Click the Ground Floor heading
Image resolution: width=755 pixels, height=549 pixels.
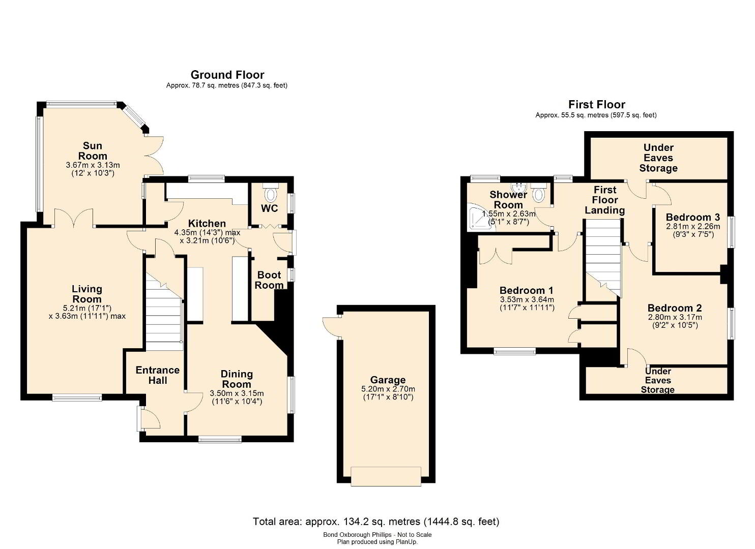click(x=227, y=74)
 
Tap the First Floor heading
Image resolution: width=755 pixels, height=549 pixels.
click(x=597, y=104)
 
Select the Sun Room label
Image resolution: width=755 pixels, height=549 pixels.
click(x=93, y=151)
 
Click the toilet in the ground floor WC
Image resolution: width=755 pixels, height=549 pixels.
click(x=270, y=195)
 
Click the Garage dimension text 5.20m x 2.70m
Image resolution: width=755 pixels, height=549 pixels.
click(x=388, y=389)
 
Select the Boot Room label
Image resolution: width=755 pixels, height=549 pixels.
click(x=269, y=280)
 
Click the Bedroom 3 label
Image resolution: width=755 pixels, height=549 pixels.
click(x=693, y=217)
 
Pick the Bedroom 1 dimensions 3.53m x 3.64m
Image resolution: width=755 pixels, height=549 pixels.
click(x=527, y=299)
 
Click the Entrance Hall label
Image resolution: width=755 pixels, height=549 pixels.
click(x=157, y=375)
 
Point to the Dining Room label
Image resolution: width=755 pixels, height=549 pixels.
click(x=237, y=379)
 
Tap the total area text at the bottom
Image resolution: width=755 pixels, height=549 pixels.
click(x=376, y=522)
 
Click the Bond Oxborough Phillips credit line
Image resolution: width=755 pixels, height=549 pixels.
click(x=377, y=535)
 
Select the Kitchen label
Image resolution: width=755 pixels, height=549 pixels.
click(x=207, y=223)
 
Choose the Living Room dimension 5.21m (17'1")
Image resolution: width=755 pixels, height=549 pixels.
click(x=87, y=308)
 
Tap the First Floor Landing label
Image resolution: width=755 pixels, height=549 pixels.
click(x=605, y=200)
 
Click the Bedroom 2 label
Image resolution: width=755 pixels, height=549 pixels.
click(x=675, y=308)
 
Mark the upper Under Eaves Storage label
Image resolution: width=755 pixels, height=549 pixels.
click(x=658, y=158)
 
